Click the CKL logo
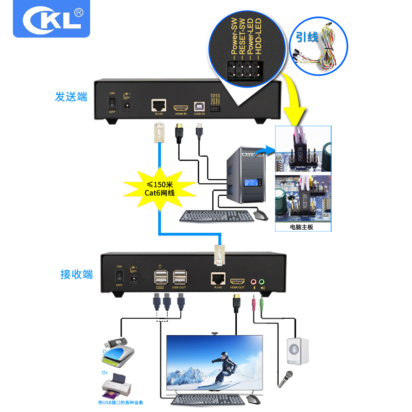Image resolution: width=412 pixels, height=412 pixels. click(x=51, y=20)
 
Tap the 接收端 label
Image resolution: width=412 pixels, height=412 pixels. click(x=76, y=274)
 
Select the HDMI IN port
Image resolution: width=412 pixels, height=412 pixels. click(x=180, y=109)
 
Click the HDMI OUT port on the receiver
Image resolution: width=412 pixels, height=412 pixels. click(x=237, y=282)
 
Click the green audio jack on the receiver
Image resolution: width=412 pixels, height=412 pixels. click(x=262, y=282)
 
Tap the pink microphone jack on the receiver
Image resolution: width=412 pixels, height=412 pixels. click(x=253, y=282)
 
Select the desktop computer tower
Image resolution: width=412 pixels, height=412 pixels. click(x=247, y=173)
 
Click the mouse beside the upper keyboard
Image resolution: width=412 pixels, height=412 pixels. click(x=262, y=215)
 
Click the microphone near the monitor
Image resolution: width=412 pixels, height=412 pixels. click(x=286, y=379)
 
